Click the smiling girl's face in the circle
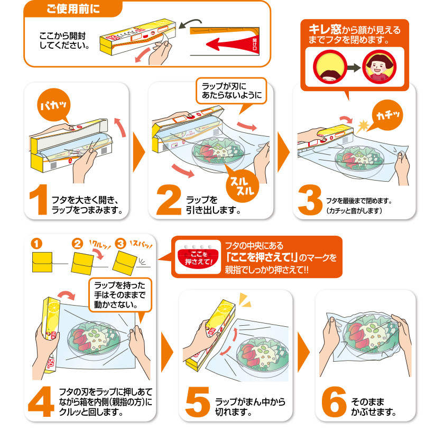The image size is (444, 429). [x=376, y=68]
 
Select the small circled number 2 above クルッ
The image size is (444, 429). [x=78, y=244]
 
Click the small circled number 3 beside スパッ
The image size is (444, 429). [x=121, y=244]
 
